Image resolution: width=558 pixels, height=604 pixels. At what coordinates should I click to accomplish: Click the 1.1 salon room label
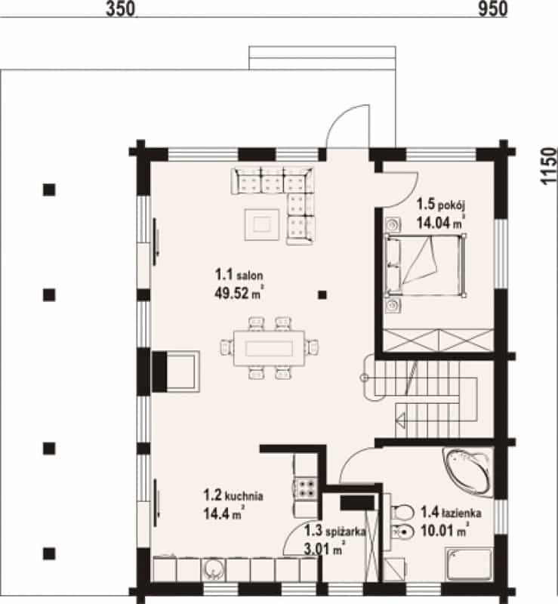coord(239,275)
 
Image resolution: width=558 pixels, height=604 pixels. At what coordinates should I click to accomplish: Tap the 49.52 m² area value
coord(239,293)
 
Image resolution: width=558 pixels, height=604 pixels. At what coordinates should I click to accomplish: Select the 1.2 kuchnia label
coord(233,495)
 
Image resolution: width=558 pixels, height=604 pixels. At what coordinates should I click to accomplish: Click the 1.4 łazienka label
coord(451,513)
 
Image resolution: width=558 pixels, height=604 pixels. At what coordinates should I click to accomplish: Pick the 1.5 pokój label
coord(441,205)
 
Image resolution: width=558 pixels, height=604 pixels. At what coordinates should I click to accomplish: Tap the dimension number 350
coord(121,9)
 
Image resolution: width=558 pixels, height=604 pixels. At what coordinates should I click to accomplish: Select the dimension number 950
coord(493,9)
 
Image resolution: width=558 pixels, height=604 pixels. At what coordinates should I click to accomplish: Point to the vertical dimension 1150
coord(549,166)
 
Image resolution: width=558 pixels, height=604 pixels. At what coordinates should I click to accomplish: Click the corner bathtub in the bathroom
coord(468,472)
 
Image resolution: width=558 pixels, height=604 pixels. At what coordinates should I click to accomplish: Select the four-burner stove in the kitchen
coord(306,487)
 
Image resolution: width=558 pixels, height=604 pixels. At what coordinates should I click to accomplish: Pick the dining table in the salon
coord(270,348)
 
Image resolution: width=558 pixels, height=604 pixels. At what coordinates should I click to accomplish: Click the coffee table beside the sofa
coord(262,224)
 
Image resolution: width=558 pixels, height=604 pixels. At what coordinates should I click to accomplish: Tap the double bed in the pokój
coord(425,266)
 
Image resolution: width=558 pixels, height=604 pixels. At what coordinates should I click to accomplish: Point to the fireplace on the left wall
coord(176,371)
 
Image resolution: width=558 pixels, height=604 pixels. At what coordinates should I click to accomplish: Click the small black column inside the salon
coord(322,295)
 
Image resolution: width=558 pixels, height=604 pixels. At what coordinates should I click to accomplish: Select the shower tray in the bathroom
coord(469,564)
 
